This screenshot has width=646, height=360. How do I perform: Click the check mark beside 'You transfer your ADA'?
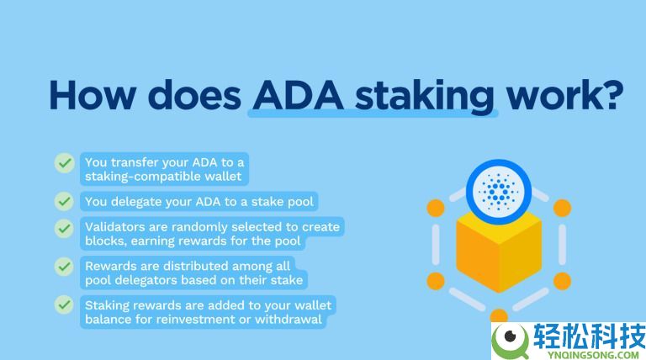click(64, 162)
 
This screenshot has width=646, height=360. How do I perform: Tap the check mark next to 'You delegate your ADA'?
click(64, 202)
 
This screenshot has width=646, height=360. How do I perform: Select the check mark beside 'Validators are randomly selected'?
click(64, 228)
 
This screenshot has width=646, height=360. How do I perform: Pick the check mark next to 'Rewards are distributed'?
click(64, 267)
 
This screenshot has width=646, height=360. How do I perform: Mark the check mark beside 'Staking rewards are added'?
click(64, 304)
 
